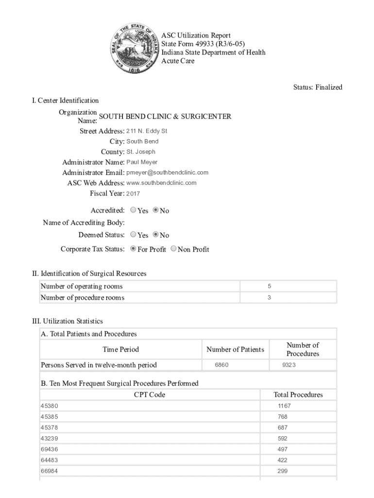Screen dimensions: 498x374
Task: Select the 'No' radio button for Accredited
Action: click(x=156, y=211)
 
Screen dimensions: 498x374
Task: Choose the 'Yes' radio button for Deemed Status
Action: click(x=134, y=235)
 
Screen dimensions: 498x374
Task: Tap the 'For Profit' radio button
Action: click(x=134, y=249)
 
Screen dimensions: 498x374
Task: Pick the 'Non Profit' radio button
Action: click(x=174, y=249)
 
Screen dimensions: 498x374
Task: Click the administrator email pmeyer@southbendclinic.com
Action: click(x=167, y=173)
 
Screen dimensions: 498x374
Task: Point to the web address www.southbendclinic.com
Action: click(x=161, y=183)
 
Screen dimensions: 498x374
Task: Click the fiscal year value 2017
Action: click(x=133, y=194)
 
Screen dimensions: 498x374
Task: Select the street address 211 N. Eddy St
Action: click(x=147, y=131)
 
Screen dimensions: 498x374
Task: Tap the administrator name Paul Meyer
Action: click(x=142, y=162)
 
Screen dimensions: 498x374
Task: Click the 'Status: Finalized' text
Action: click(x=318, y=88)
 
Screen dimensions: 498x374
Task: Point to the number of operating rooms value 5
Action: click(x=269, y=286)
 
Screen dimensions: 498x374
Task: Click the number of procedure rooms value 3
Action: click(x=269, y=298)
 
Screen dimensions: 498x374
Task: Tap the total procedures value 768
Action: click(x=283, y=417)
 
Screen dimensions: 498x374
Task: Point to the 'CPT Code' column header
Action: click(x=150, y=395)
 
